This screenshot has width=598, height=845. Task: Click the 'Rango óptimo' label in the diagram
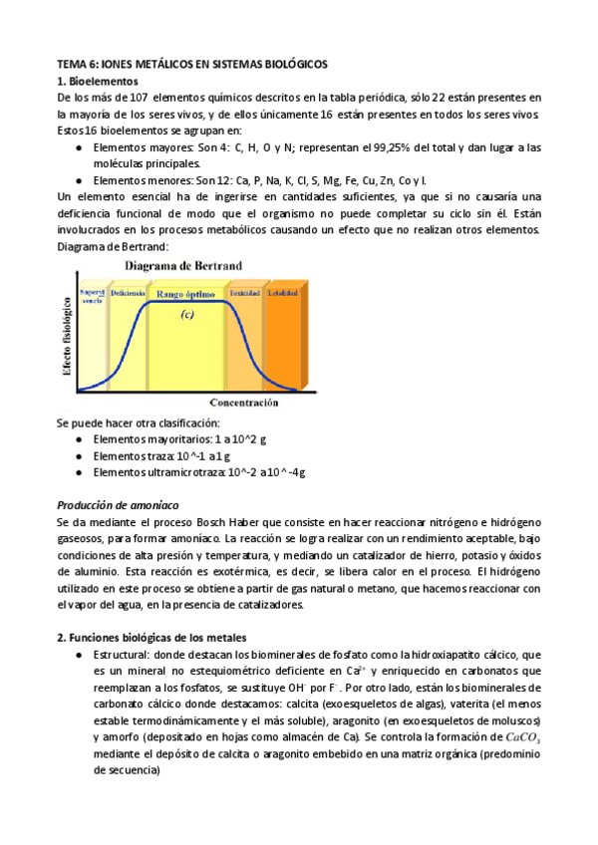(186, 294)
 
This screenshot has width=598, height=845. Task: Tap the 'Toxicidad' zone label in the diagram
(245, 293)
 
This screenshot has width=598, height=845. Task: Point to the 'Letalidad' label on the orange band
(281, 293)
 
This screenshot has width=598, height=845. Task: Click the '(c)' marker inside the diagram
(185, 315)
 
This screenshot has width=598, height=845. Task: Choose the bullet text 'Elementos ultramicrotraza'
(156, 472)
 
